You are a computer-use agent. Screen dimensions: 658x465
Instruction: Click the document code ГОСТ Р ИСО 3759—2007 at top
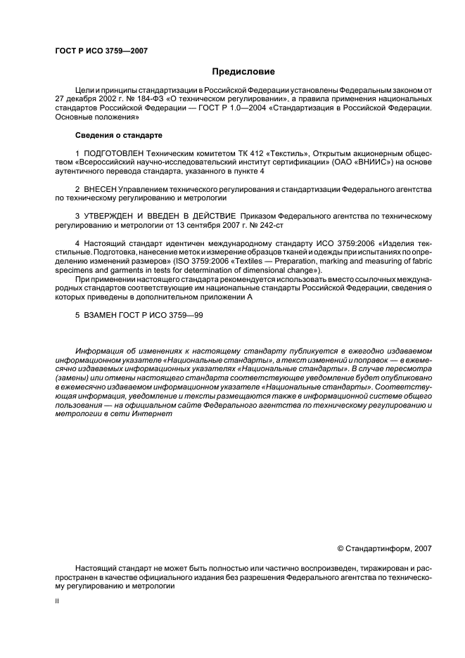coord(101,51)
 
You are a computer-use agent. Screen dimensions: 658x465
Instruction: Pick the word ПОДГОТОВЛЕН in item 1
coord(115,152)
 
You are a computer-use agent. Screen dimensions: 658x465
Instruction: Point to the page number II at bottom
coord(57,601)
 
